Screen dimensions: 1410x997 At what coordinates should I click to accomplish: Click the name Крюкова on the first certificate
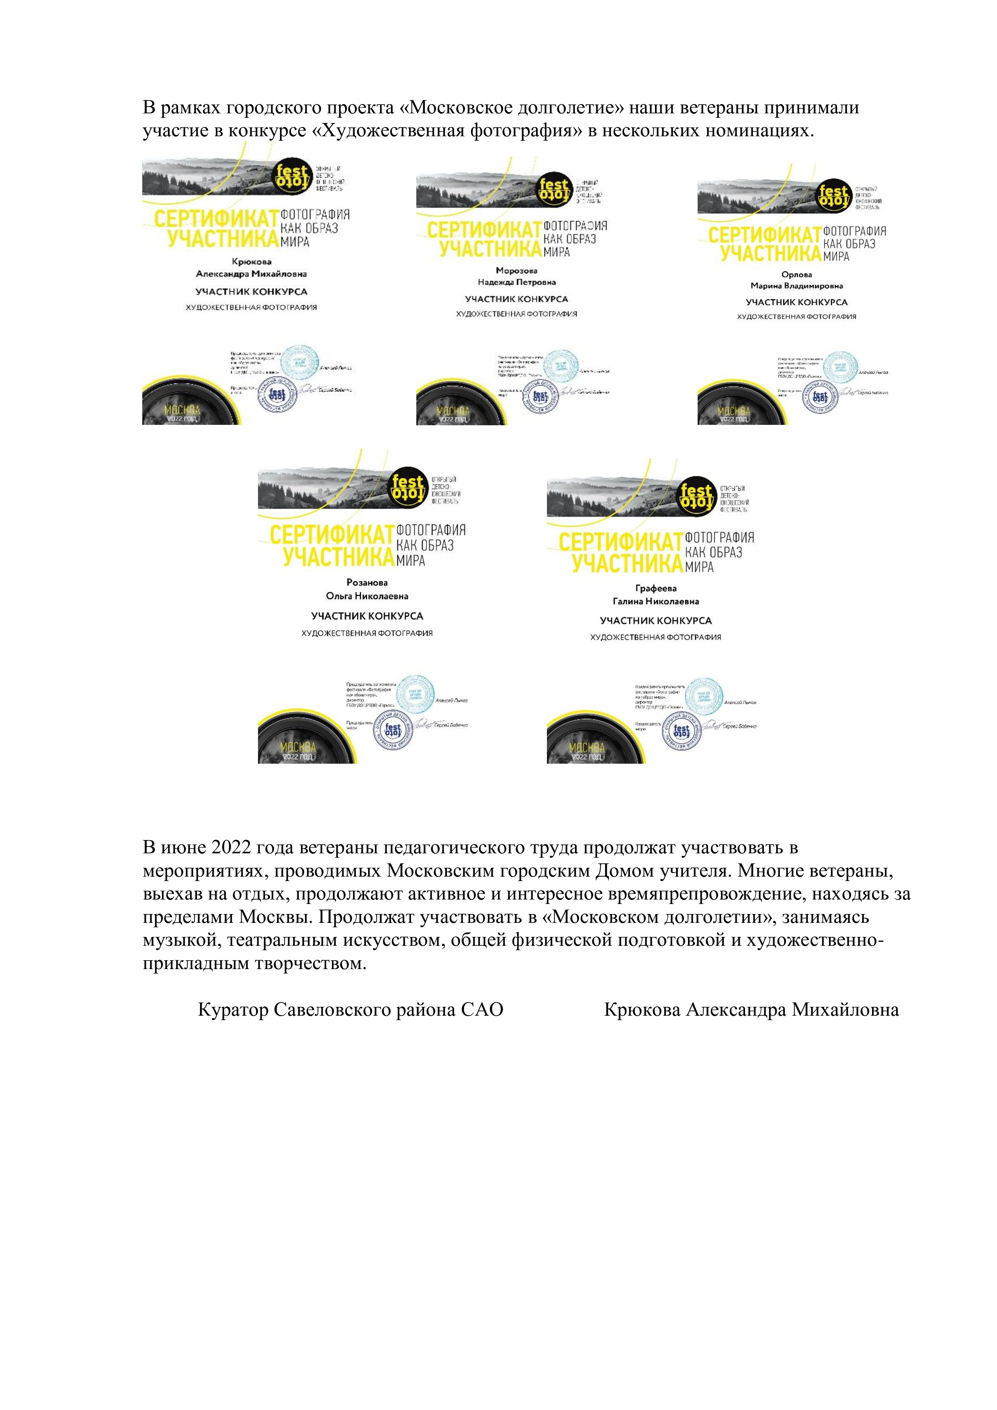[252, 262]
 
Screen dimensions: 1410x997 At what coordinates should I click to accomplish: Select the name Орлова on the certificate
[797, 275]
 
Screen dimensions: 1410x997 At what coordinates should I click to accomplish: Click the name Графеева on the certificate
[656, 588]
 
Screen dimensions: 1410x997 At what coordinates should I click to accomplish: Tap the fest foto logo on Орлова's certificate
[834, 198]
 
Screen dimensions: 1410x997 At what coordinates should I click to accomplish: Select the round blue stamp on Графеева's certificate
[682, 732]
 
